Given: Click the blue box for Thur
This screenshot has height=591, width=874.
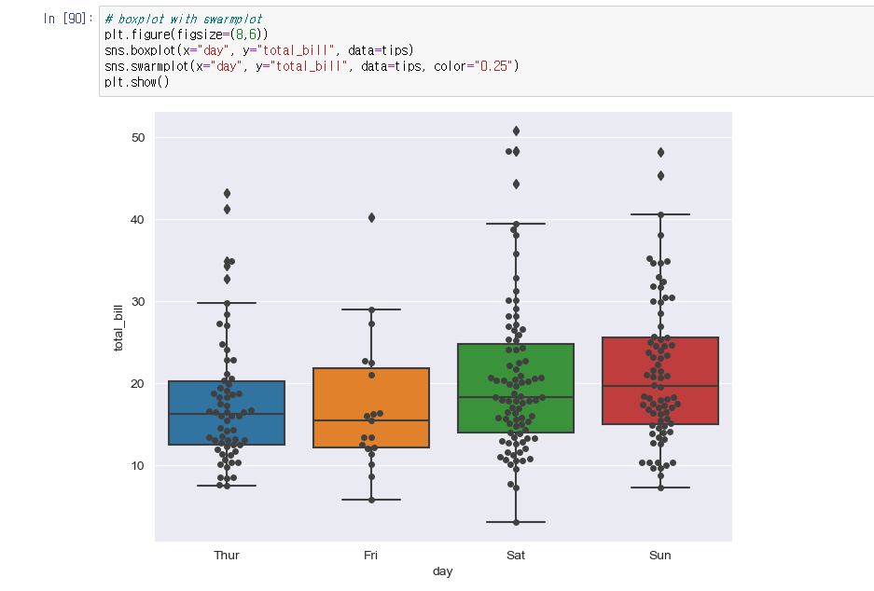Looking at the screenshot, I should point(227,413).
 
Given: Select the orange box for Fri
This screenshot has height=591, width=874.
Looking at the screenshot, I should point(371,408).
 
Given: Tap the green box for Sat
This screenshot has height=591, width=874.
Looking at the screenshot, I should point(516,389).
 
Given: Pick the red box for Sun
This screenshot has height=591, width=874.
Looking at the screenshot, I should point(660,380).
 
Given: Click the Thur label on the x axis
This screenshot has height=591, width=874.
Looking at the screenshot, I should point(227,556).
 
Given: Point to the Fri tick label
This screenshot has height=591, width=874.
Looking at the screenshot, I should point(371,556).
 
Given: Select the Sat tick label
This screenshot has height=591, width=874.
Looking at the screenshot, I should point(516,556).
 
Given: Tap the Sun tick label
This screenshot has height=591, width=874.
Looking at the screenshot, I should point(660,556).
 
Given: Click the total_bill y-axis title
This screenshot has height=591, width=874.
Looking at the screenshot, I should point(118,327).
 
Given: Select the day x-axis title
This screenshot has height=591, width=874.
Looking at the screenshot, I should point(443,571).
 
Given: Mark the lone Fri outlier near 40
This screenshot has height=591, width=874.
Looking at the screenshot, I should point(371,217).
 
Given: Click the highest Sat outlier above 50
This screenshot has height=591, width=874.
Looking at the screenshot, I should point(516,131).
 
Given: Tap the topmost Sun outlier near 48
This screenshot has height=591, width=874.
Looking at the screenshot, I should point(660,152).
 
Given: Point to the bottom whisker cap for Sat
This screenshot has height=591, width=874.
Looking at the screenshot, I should point(516,522).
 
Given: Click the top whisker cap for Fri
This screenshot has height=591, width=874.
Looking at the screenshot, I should point(371,309).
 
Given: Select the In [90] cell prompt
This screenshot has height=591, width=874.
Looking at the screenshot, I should point(67,19).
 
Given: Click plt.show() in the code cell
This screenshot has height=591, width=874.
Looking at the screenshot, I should point(137,82).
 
